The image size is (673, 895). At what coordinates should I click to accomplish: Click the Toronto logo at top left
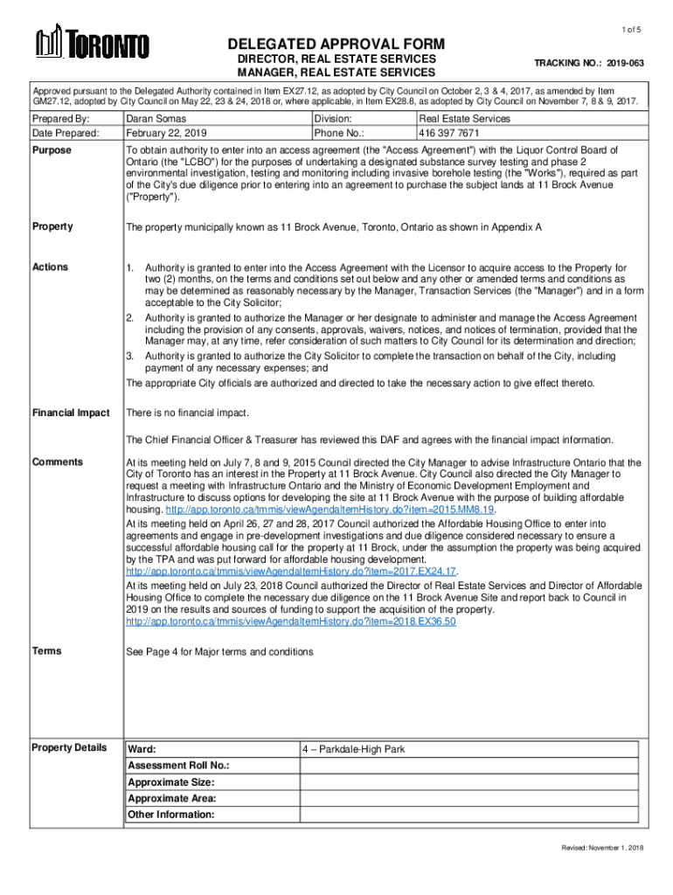pyautogui.click(x=92, y=44)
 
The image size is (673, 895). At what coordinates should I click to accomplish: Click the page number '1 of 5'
pyautogui.click(x=632, y=31)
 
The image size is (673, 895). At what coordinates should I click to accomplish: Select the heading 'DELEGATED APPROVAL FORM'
pyautogui.click(x=336, y=45)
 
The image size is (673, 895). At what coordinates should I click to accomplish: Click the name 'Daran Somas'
pyautogui.click(x=155, y=119)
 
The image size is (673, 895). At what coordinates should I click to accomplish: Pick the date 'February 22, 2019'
pyautogui.click(x=167, y=134)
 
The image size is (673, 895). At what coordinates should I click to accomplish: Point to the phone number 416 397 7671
pyautogui.click(x=448, y=134)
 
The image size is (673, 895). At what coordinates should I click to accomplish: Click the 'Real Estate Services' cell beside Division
pyautogui.click(x=464, y=119)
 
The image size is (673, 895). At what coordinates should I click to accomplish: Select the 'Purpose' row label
pyautogui.click(x=52, y=150)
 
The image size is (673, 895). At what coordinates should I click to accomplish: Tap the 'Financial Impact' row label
pyautogui.click(x=71, y=413)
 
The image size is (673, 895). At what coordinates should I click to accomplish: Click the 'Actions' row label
pyautogui.click(x=51, y=267)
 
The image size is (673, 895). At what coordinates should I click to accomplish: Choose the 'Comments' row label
pyautogui.click(x=58, y=461)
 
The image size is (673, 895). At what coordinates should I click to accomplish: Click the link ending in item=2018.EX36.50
pyautogui.click(x=291, y=621)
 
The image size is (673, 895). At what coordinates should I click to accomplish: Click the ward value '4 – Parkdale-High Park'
pyautogui.click(x=354, y=750)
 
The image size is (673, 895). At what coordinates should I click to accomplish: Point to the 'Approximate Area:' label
pyautogui.click(x=172, y=798)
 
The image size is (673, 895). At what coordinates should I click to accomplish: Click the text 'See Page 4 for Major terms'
pyautogui.click(x=219, y=652)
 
